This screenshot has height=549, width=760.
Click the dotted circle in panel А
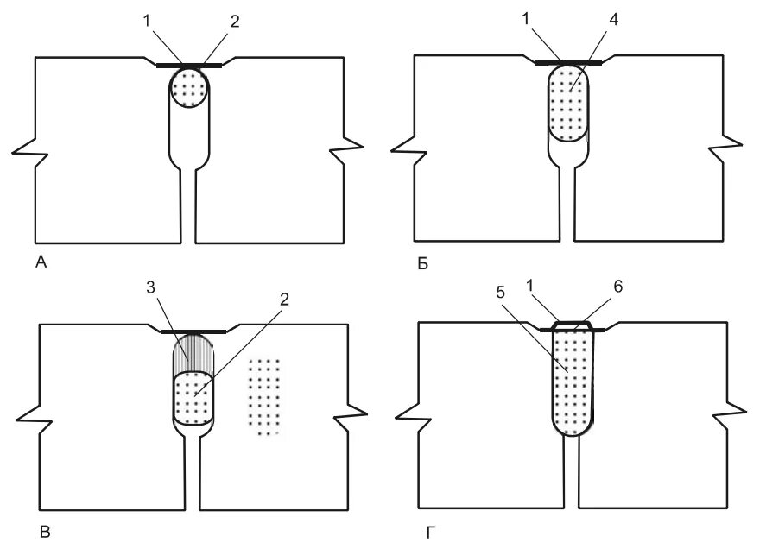pyautogui.click(x=189, y=87)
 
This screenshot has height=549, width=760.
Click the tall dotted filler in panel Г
pyautogui.click(x=571, y=380)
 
